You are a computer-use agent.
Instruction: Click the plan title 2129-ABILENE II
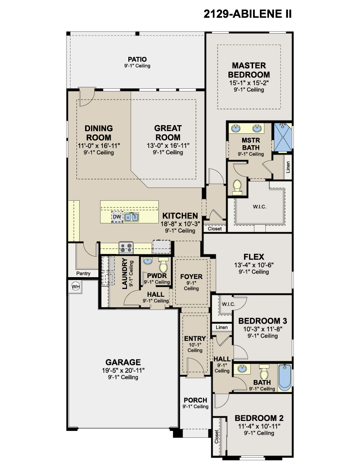[247, 14]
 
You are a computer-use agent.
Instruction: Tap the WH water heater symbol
[76, 287]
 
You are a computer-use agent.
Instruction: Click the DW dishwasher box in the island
[117, 217]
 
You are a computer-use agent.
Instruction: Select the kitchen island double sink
[132, 217]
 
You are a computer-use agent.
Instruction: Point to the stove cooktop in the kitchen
[126, 247]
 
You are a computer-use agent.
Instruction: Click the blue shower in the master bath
[283, 137]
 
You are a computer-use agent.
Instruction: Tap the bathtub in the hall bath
[285, 377]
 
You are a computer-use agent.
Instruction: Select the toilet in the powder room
[163, 264]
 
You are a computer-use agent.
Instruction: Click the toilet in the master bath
[237, 187]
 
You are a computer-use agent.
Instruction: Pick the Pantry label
[83, 274]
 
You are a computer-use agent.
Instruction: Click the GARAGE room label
[123, 362]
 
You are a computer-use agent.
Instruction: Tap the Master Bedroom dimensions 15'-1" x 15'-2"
[249, 83]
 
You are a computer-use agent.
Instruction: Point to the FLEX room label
[254, 257]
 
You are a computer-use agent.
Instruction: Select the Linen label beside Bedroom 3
[222, 327]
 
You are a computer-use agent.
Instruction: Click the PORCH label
[195, 400]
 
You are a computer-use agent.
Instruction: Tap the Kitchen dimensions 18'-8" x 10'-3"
[180, 224]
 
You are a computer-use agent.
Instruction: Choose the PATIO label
[137, 60]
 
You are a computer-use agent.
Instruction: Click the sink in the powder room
[148, 261]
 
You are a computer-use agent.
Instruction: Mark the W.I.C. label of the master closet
[259, 207]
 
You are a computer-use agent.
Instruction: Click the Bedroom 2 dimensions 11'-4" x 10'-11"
[259, 426]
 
